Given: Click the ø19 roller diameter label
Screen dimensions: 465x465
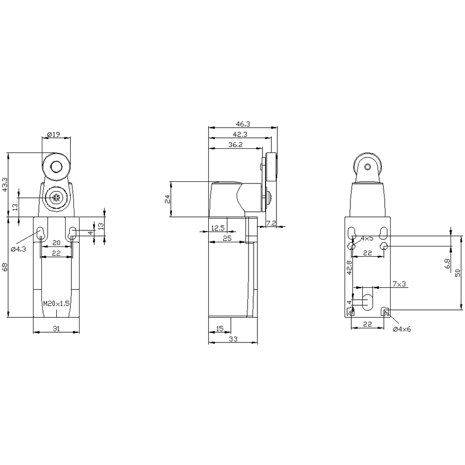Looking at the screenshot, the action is (x=53, y=134).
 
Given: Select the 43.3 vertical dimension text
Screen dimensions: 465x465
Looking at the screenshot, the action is (x=5, y=185).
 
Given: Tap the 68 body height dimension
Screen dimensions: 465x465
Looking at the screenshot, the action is (x=5, y=267).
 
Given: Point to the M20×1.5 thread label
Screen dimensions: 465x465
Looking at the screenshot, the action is (x=56, y=304).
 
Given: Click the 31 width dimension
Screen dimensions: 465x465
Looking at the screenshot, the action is (x=56, y=328).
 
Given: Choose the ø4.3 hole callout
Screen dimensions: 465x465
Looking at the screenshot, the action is (x=19, y=249).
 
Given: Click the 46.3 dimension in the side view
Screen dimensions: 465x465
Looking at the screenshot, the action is (x=243, y=123).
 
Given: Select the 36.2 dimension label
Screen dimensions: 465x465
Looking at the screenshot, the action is (x=236, y=145).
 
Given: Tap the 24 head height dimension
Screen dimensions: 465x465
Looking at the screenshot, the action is (x=167, y=199).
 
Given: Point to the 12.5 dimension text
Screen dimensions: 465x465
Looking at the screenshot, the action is (x=218, y=228).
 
